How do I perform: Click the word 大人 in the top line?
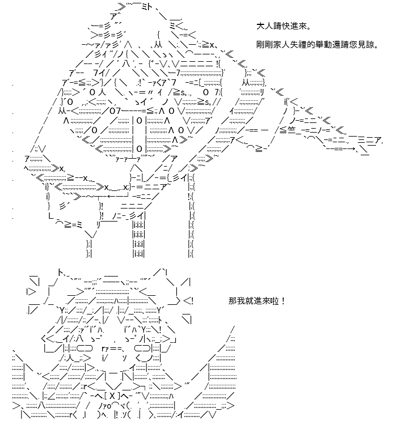click(264, 26)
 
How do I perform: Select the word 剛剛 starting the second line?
click(264, 45)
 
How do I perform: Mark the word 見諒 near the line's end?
click(366, 45)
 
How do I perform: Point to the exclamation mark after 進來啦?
click(284, 301)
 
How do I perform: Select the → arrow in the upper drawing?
click(351, 148)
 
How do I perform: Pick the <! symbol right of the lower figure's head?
click(188, 301)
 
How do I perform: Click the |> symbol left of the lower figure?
click(31, 292)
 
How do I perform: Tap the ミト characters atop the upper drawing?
click(147, 7)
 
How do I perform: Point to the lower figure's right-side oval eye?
click(143, 348)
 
